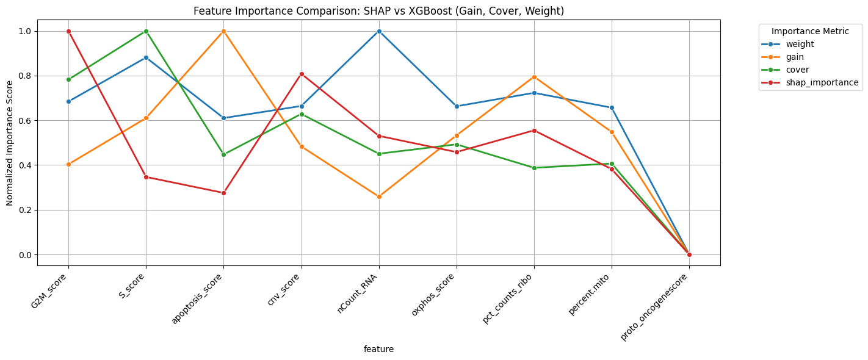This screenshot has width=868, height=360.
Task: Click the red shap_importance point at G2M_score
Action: point(68,31)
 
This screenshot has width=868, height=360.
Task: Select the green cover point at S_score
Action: point(146,31)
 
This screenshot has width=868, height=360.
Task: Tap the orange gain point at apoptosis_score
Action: point(223,31)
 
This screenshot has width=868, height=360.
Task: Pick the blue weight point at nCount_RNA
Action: point(379,31)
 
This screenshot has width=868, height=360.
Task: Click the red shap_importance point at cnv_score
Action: point(302,74)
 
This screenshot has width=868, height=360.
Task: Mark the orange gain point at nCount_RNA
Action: point(379,196)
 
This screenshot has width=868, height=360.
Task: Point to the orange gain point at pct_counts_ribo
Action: point(534,77)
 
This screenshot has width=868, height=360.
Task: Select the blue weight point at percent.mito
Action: point(612,107)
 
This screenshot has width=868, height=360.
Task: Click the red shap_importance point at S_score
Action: point(146,177)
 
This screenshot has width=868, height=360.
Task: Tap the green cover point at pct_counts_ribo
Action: point(534,168)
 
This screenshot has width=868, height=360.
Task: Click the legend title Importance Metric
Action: point(810,31)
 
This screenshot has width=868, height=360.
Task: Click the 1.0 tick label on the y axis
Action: point(27,31)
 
